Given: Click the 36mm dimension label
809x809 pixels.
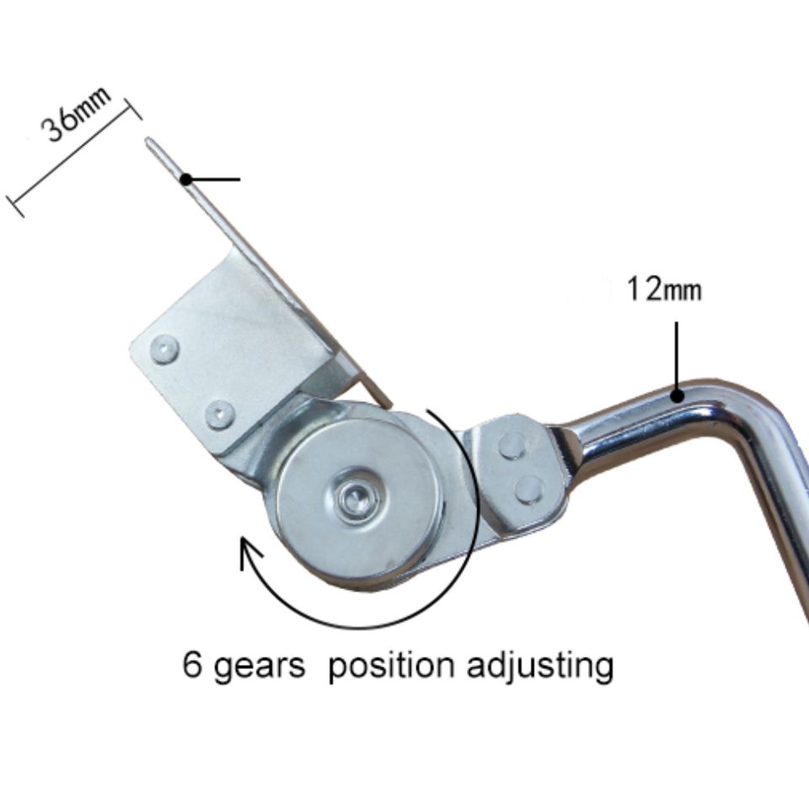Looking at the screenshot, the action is pyautogui.click(x=77, y=115).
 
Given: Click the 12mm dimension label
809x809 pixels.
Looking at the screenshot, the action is pyautogui.click(x=664, y=289).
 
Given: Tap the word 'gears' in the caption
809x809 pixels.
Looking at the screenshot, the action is pyautogui.click(x=258, y=667).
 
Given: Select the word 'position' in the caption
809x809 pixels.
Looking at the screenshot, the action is pyautogui.click(x=391, y=666).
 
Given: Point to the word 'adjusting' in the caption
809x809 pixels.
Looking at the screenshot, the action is pyautogui.click(x=540, y=666).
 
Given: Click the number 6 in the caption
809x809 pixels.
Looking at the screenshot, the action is pyautogui.click(x=192, y=665).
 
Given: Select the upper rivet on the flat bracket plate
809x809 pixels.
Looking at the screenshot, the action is pyautogui.click(x=164, y=349).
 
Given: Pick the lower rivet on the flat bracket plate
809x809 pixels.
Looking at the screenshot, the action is pyautogui.click(x=220, y=415).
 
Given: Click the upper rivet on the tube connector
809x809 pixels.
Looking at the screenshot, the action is pyautogui.click(x=512, y=446).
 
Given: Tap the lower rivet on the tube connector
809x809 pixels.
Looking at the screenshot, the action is pyautogui.click(x=529, y=488).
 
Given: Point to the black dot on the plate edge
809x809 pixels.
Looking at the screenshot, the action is pyautogui.click(x=187, y=179).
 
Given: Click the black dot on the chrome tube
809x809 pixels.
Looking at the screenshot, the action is pyautogui.click(x=677, y=396).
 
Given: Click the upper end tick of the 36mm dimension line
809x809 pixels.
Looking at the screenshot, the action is pyautogui.click(x=133, y=109).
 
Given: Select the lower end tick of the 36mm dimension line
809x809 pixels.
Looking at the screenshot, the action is pyautogui.click(x=15, y=206).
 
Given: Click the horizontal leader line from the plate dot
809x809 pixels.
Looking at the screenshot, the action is pyautogui.click(x=213, y=179).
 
